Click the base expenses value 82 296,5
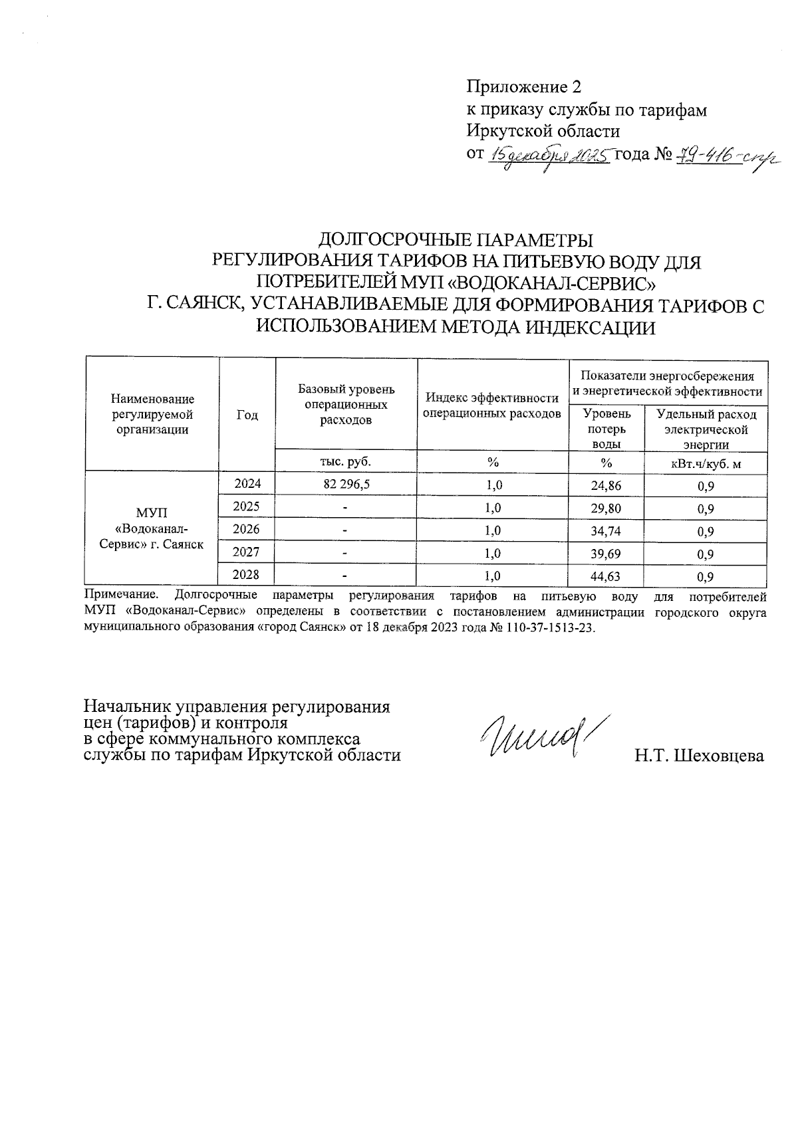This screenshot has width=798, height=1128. coord(345,485)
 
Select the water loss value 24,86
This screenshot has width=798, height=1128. coord(606,486)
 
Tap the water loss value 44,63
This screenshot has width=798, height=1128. coord(606,576)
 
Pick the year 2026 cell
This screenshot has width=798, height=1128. coord(247,530)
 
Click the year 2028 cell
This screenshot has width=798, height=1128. coord(247,575)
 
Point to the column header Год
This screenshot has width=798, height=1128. coord(247,415)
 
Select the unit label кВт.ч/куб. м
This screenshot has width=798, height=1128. coord(706,463)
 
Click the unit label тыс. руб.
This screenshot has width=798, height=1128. coord(345,461)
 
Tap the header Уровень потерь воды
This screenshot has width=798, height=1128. coord(606,429)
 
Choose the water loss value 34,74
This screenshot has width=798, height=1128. coord(606,531)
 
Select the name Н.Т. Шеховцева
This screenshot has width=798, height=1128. coord(699,756)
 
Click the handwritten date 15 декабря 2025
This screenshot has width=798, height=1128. coord(549,156)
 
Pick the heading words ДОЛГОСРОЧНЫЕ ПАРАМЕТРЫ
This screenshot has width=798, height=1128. coord(456,240)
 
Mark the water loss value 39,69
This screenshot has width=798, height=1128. coord(606,554)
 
